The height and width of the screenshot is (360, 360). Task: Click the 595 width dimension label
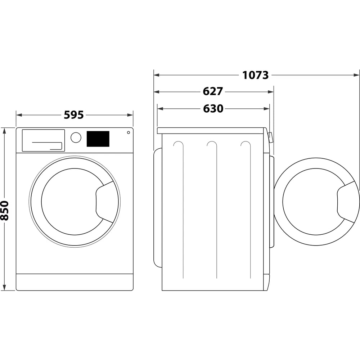[74, 115]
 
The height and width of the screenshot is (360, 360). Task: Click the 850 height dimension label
[5, 210]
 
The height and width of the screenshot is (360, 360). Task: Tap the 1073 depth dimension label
[255, 75]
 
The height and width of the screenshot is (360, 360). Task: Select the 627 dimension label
[213, 92]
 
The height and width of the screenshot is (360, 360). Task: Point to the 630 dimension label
[213, 109]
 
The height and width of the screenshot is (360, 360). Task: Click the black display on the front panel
[98, 139]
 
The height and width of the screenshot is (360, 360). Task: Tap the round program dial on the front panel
[76, 138]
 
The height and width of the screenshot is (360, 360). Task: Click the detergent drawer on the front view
[43, 140]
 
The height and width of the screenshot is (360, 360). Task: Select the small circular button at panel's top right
[128, 132]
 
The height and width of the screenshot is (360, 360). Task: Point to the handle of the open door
[348, 202]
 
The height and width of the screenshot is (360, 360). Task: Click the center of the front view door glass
[72, 202]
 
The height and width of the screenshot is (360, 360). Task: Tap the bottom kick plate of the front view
[75, 282]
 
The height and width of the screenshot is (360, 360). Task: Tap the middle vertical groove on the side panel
[216, 212]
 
